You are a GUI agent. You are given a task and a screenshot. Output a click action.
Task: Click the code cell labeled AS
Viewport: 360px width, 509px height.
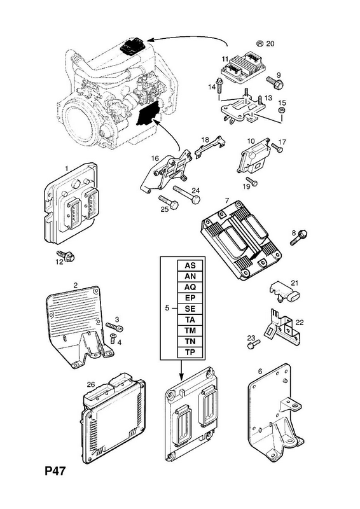pos(190,265)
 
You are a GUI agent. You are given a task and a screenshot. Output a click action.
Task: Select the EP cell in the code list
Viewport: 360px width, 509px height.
pos(190,298)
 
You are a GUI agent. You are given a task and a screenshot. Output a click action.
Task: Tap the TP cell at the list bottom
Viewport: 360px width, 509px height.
pos(190,352)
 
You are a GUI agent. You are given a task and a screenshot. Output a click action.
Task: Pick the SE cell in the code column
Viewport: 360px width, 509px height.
pos(190,309)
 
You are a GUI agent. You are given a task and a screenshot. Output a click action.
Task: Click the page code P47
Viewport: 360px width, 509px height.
pos(55,471)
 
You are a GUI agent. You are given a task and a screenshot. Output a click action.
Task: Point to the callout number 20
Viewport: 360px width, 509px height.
pos(270,43)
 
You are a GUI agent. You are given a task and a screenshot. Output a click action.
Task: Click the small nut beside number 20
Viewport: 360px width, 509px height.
pos(260,43)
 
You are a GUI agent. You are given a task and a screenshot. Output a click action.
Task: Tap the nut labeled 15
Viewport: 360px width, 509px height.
pos(282,110)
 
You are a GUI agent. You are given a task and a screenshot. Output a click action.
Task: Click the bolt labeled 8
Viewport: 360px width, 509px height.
pos(299,237)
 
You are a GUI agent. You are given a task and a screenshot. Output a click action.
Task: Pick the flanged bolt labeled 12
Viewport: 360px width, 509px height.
pos(66,256)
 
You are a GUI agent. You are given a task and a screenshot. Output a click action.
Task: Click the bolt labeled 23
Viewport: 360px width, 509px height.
pos(254,344)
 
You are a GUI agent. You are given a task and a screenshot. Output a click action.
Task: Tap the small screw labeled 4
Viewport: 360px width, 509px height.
pos(113,338)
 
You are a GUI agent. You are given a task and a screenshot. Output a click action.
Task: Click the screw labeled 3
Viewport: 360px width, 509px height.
pos(114,327)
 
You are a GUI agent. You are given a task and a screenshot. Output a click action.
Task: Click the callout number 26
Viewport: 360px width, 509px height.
pos(90,385)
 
